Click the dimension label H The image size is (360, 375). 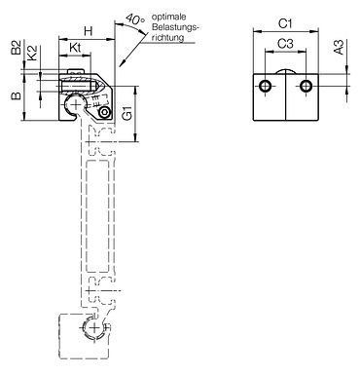87,30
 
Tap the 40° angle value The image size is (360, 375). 136,18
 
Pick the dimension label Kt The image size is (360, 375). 76,47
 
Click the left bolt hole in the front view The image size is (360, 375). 265,89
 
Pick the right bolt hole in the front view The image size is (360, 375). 306,89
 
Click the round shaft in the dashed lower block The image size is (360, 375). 92,330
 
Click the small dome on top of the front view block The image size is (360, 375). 286,71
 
